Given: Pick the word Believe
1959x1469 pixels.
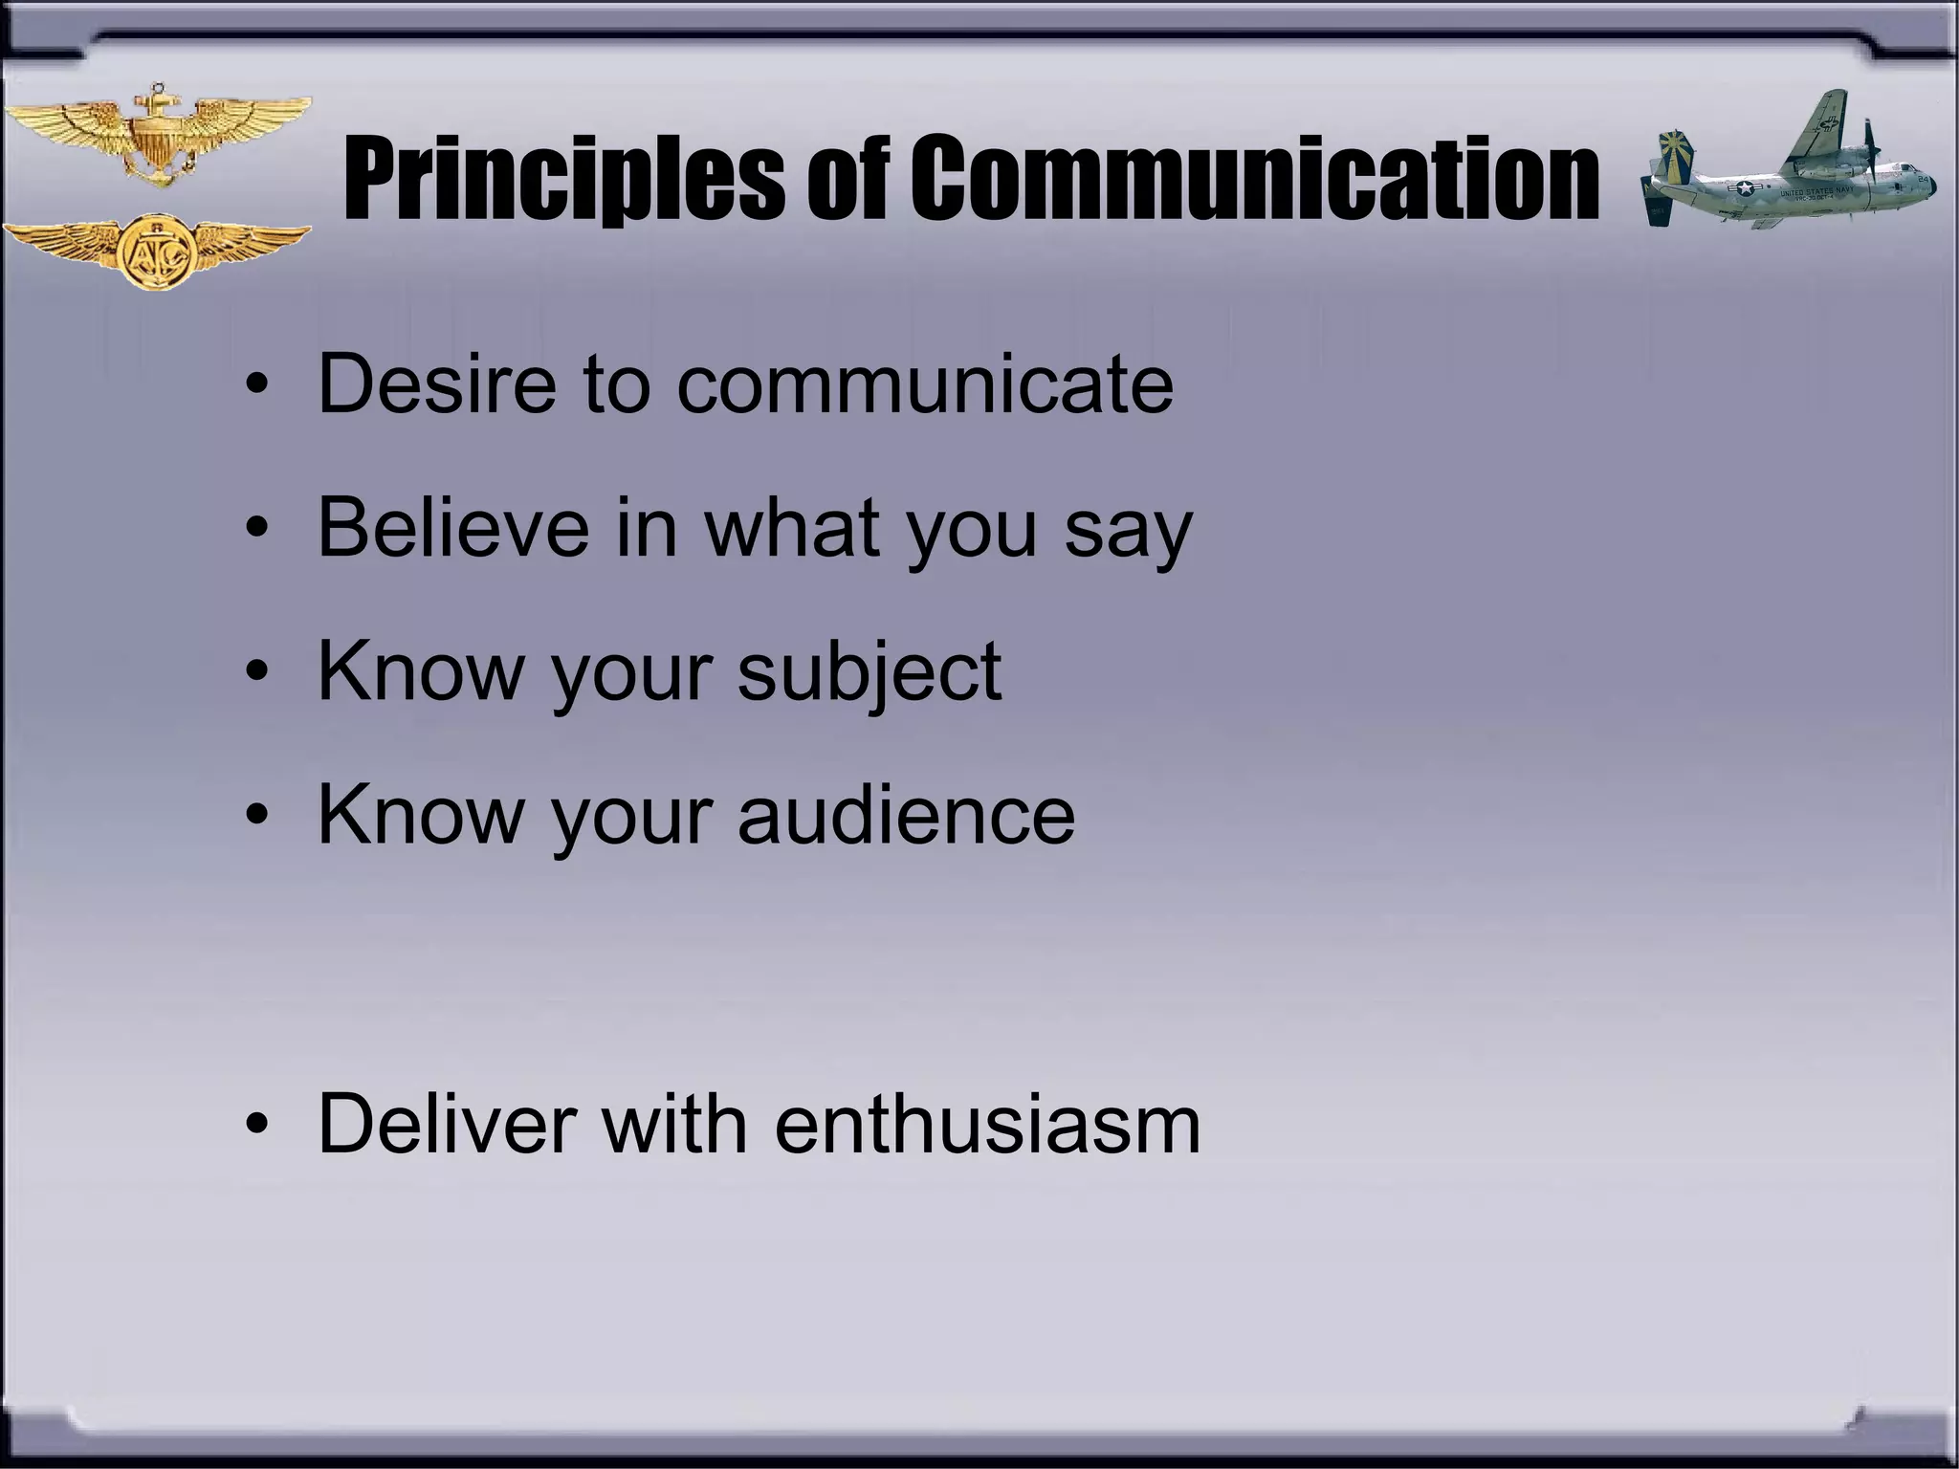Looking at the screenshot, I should (x=453, y=527).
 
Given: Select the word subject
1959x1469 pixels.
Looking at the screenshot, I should (x=869, y=672).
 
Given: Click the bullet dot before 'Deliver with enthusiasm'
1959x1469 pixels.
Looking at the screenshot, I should (x=256, y=1126).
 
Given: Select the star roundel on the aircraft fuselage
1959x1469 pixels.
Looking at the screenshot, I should (x=1746, y=188).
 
